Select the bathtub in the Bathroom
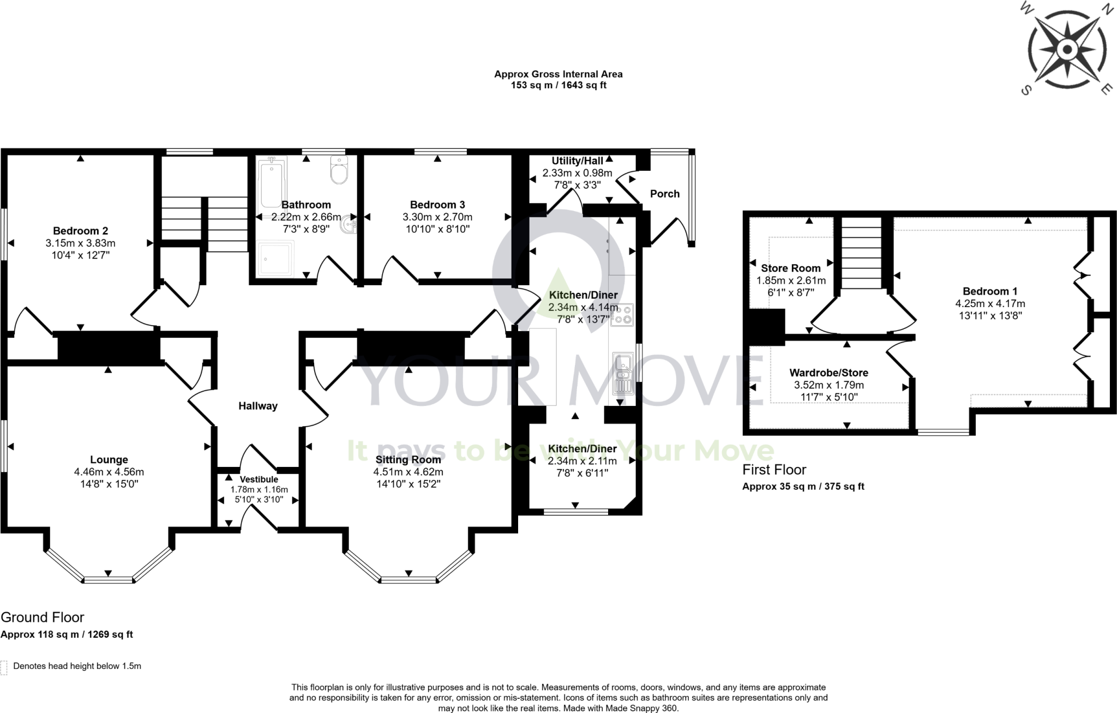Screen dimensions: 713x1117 pyautogui.click(x=271, y=182)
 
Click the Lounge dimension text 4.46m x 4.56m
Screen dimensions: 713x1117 pyautogui.click(x=109, y=472)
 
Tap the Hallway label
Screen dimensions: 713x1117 pyautogui.click(x=258, y=406)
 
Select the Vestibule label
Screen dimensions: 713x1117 pyautogui.click(x=259, y=480)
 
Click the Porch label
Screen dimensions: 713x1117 pyautogui.click(x=664, y=194)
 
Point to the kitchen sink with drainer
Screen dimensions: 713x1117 pyautogui.click(x=622, y=374)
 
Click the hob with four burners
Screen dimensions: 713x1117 pyautogui.click(x=622, y=314)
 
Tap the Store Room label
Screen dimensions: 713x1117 pyautogui.click(x=790, y=268)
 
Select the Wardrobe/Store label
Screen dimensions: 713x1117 pyautogui.click(x=828, y=373)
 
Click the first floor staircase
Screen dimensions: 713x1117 pyautogui.click(x=861, y=252)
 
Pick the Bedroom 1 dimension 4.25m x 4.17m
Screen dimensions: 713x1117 pyautogui.click(x=989, y=303)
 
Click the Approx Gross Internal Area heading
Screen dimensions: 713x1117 pyautogui.click(x=558, y=74)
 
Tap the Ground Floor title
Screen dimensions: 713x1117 pyautogui.click(x=43, y=618)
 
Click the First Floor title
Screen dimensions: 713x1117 pyautogui.click(x=774, y=470)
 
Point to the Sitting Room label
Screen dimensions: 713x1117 pyautogui.click(x=408, y=460)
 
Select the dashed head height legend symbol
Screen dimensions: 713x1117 pyautogui.click(x=4, y=667)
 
